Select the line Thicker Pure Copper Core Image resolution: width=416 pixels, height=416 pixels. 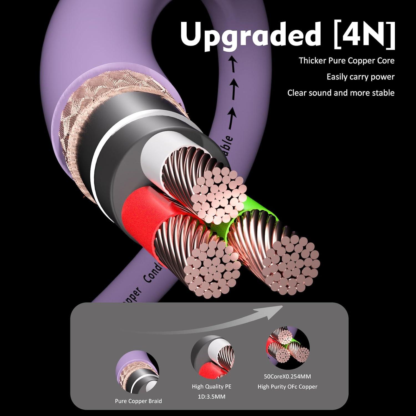pyautogui.click(x=346, y=60)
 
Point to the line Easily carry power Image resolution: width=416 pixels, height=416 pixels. pyautogui.click(x=360, y=77)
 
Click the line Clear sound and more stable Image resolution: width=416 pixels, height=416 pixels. pyautogui.click(x=341, y=93)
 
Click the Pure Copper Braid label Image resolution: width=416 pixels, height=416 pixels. pyautogui.click(x=138, y=401)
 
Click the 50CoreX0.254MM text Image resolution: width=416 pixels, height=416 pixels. pyautogui.click(x=287, y=376)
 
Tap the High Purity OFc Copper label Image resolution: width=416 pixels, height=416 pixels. pyautogui.click(x=287, y=386)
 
